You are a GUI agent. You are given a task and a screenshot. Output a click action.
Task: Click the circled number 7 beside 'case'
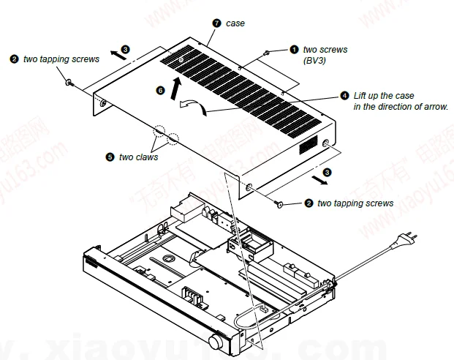coord(216,23)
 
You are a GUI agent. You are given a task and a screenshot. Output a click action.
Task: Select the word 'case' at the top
coord(235,23)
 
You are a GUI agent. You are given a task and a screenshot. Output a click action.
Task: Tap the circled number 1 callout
coord(294,50)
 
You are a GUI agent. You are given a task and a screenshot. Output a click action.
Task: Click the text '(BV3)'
coord(316,61)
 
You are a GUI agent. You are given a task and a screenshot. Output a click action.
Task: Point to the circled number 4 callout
coord(345,96)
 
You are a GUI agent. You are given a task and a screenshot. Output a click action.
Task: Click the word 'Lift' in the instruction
coord(361,96)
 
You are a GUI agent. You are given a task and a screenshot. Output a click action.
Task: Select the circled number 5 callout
coord(110,157)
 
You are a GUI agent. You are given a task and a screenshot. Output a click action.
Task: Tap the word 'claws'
coord(147,157)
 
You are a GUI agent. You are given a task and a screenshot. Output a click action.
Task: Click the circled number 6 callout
coord(161,89)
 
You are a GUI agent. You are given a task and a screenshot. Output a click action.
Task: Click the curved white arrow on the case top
coord(193,108)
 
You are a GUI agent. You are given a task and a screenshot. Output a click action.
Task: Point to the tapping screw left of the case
coord(69,83)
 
